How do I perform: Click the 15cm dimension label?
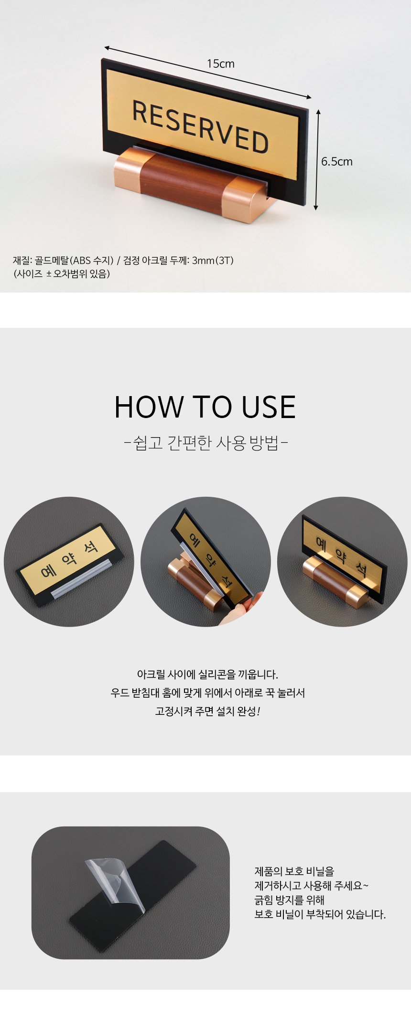tap(221, 63)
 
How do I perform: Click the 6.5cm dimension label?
tap(336, 161)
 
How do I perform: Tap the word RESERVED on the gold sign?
tap(200, 126)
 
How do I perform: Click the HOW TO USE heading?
tap(205, 407)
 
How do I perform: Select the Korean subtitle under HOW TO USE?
tap(205, 443)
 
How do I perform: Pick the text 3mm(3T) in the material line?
tap(213, 261)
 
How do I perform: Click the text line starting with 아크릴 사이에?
tap(207, 674)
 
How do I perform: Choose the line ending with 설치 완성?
tap(207, 711)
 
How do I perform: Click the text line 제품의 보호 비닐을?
tap(294, 871)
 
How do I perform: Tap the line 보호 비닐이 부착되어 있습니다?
tap(320, 914)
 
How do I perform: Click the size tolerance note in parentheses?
tap(62, 274)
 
